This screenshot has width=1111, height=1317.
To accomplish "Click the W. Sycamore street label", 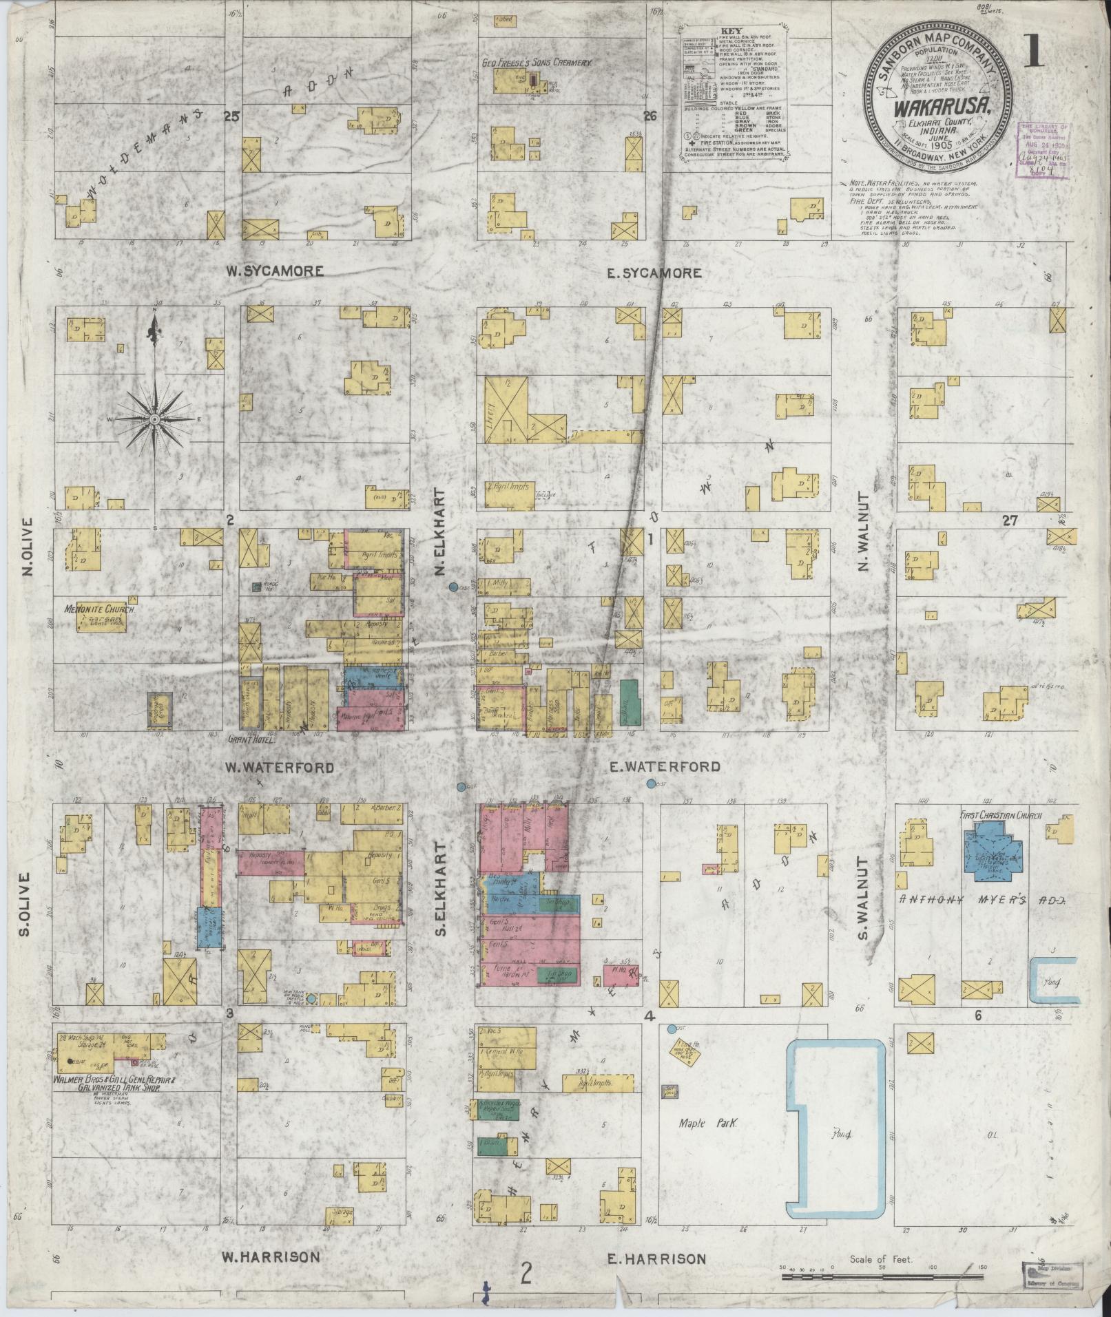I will (274, 271).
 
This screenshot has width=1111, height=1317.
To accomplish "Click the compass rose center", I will (155, 418).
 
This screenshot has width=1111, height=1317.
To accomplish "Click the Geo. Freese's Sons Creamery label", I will (537, 62).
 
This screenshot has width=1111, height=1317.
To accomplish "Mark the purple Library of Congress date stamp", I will (1043, 151).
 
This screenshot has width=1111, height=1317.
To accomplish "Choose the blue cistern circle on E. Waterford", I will (651, 783).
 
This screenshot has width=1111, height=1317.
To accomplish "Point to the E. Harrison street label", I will (656, 1259).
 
